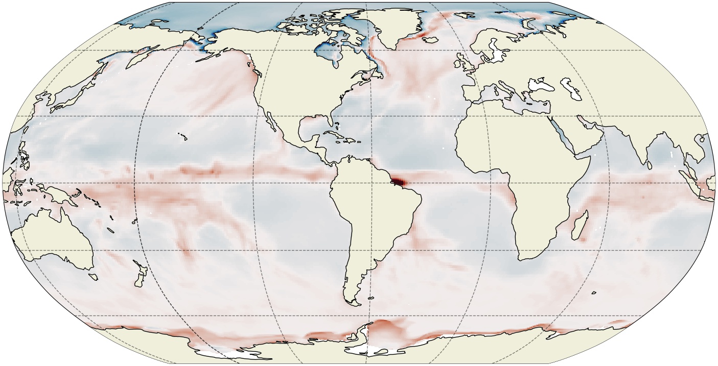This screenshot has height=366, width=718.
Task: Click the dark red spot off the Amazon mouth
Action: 399,181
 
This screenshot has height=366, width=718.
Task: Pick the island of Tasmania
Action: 92,277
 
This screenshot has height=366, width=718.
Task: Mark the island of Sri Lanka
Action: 650,164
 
